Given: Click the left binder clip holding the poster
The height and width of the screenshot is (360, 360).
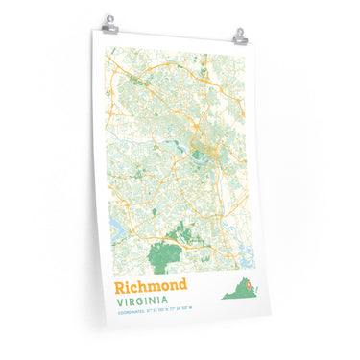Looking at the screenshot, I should tap(109, 21).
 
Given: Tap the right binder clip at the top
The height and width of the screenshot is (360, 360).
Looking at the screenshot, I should tap(239, 36).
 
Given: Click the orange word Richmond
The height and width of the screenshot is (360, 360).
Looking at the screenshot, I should tap(149, 286).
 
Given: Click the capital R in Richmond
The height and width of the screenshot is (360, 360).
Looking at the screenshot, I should tap(120, 286).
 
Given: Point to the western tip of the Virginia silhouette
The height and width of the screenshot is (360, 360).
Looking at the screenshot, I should tap(222, 297).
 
